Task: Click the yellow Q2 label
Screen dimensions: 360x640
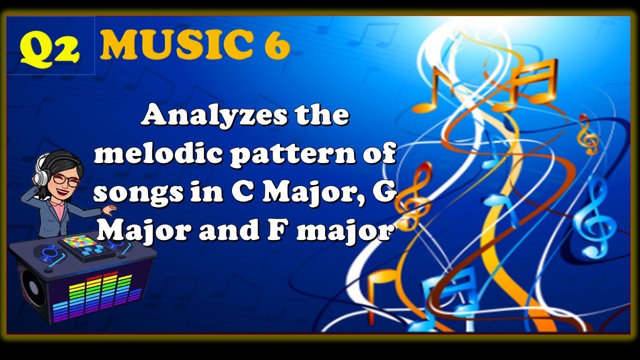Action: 50,47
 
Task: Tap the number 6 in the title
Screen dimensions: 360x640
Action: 276,46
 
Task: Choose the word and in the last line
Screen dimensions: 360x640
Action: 222,231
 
